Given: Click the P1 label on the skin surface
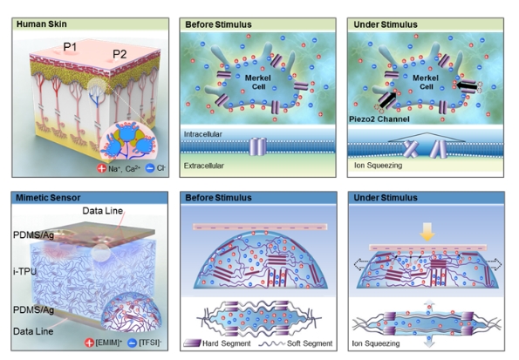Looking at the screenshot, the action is (x=70, y=47).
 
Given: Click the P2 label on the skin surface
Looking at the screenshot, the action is (x=120, y=54).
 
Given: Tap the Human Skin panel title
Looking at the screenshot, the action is (x=42, y=24).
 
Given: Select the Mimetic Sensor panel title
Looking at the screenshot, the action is (x=48, y=198).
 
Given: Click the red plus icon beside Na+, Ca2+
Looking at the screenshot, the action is (x=101, y=168).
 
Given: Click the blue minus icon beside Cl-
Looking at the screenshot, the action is (x=150, y=168).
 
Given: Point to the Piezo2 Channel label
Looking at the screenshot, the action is (x=379, y=119).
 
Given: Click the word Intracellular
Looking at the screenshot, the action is (x=203, y=134).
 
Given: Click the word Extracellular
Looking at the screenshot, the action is (x=204, y=166).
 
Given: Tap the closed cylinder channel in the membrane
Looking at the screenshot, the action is (x=258, y=146).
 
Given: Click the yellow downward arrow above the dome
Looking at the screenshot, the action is (x=427, y=231).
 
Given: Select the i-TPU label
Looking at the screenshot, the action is (x=24, y=272).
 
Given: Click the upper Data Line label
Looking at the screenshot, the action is (x=103, y=211).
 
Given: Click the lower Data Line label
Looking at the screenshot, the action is (x=33, y=331).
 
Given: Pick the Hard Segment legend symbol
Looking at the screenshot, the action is (x=192, y=343).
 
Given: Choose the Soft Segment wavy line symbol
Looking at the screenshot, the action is (x=271, y=343).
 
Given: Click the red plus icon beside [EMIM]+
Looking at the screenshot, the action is (x=89, y=343).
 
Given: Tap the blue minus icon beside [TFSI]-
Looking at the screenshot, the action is (x=132, y=343).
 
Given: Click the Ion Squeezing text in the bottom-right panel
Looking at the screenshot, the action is (x=376, y=343).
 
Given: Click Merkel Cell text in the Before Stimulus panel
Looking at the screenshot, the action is (x=258, y=82).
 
